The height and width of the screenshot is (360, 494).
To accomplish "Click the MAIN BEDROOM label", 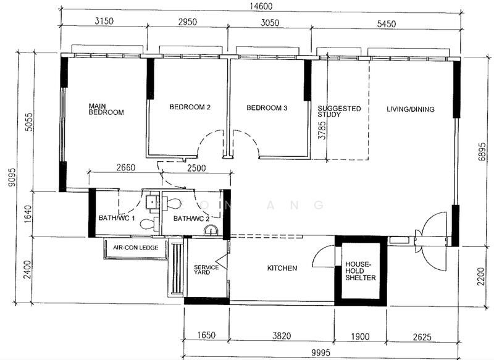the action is (106, 109).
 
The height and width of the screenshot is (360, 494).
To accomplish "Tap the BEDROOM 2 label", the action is (190, 107).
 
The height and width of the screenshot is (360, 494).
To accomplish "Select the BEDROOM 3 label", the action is (267, 108).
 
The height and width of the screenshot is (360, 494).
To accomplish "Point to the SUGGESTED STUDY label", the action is (339, 112).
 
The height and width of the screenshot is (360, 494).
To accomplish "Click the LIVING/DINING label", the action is (411, 109).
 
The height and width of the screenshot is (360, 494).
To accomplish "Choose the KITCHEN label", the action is (282, 268).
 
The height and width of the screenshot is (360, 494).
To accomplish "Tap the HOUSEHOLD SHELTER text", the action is (361, 271).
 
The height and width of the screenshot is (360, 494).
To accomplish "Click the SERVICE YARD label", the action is (206, 270).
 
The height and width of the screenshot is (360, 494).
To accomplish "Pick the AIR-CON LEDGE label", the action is (135, 248).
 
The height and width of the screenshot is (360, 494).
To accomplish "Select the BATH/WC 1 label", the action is (117, 218).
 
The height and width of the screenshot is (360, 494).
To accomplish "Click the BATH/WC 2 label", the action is (191, 219).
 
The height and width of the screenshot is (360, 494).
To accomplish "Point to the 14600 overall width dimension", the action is (262, 6).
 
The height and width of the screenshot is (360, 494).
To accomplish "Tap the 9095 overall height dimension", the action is (12, 181).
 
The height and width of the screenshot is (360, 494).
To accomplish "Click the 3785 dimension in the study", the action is (322, 130).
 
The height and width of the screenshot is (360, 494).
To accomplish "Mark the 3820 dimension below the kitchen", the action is (282, 336).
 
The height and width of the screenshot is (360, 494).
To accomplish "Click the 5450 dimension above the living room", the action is (387, 24).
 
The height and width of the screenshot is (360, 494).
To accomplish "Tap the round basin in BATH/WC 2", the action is (211, 230).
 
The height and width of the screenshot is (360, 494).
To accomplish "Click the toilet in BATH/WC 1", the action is (148, 224).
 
